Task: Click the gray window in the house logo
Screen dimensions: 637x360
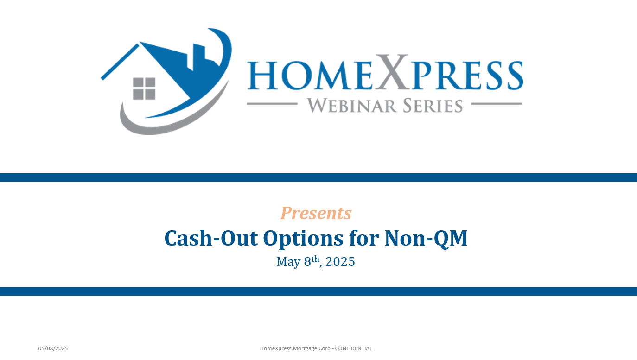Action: tap(144, 88)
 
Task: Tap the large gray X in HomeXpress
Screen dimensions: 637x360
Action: tap(392, 72)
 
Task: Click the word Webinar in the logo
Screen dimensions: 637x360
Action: tap(352, 106)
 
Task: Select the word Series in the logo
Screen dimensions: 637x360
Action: tap(433, 106)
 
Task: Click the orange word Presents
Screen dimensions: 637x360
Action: tap(316, 213)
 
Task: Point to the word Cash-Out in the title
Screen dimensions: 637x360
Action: tap(211, 238)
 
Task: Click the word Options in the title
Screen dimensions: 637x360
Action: tap(303, 239)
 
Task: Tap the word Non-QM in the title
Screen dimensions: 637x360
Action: tap(426, 239)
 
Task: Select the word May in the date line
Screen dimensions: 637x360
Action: tap(288, 262)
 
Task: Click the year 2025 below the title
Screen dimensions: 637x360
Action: tap(340, 261)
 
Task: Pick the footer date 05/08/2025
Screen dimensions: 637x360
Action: tap(53, 348)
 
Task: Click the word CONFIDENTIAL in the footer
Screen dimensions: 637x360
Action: tap(353, 348)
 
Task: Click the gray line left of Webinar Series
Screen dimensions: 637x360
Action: tap(272, 104)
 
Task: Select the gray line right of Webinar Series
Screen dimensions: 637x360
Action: tap(497, 104)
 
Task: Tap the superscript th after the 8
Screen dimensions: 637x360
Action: tap(315, 259)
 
